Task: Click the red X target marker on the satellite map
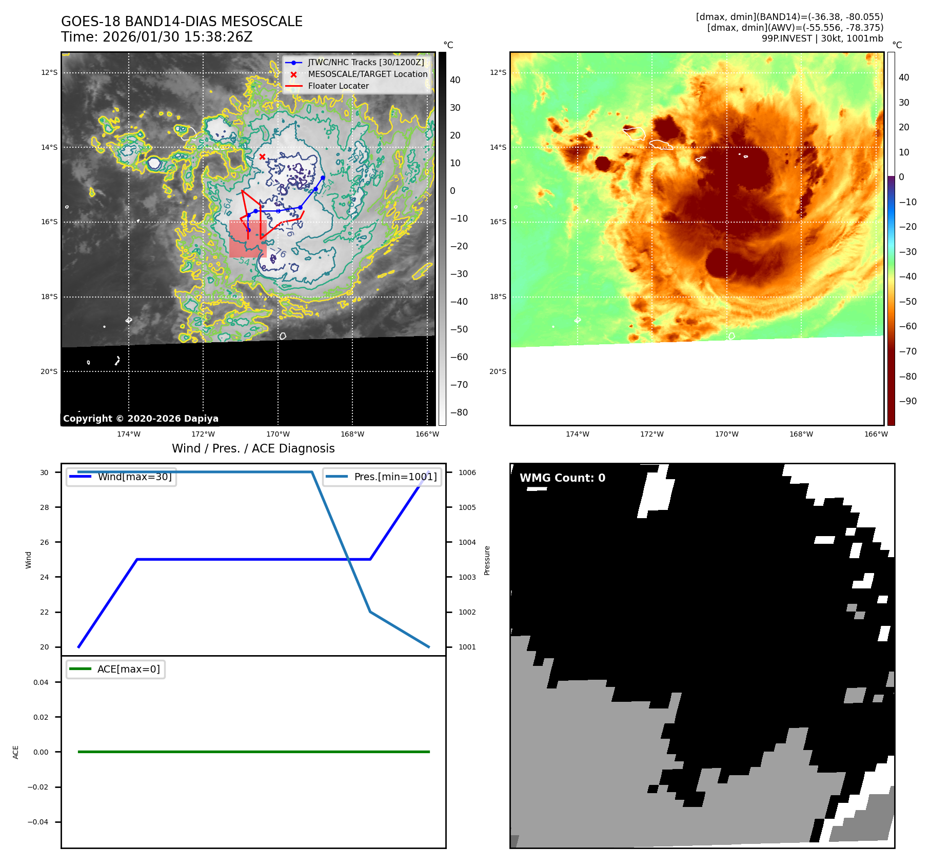coord(262,156)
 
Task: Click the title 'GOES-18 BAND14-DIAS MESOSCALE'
coord(182,22)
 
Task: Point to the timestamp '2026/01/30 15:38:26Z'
coord(177,37)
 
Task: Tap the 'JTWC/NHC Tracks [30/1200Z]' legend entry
coord(366,62)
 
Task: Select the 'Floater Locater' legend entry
coord(338,86)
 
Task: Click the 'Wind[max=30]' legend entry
coord(134,477)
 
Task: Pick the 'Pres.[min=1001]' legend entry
coord(395,477)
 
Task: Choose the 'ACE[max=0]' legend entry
coord(128,669)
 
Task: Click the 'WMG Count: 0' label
coord(562,478)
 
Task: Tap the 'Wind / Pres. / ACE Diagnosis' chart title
coord(253,448)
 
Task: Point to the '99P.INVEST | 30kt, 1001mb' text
coord(822,38)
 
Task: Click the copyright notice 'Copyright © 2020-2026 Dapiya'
coord(141,418)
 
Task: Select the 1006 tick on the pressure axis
coord(467,472)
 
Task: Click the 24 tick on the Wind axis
coord(45,577)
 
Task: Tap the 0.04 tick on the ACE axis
coord(41,682)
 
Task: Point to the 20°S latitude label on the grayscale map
coord(49,371)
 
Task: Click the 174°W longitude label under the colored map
coord(577,434)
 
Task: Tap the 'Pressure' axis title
coord(487,560)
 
